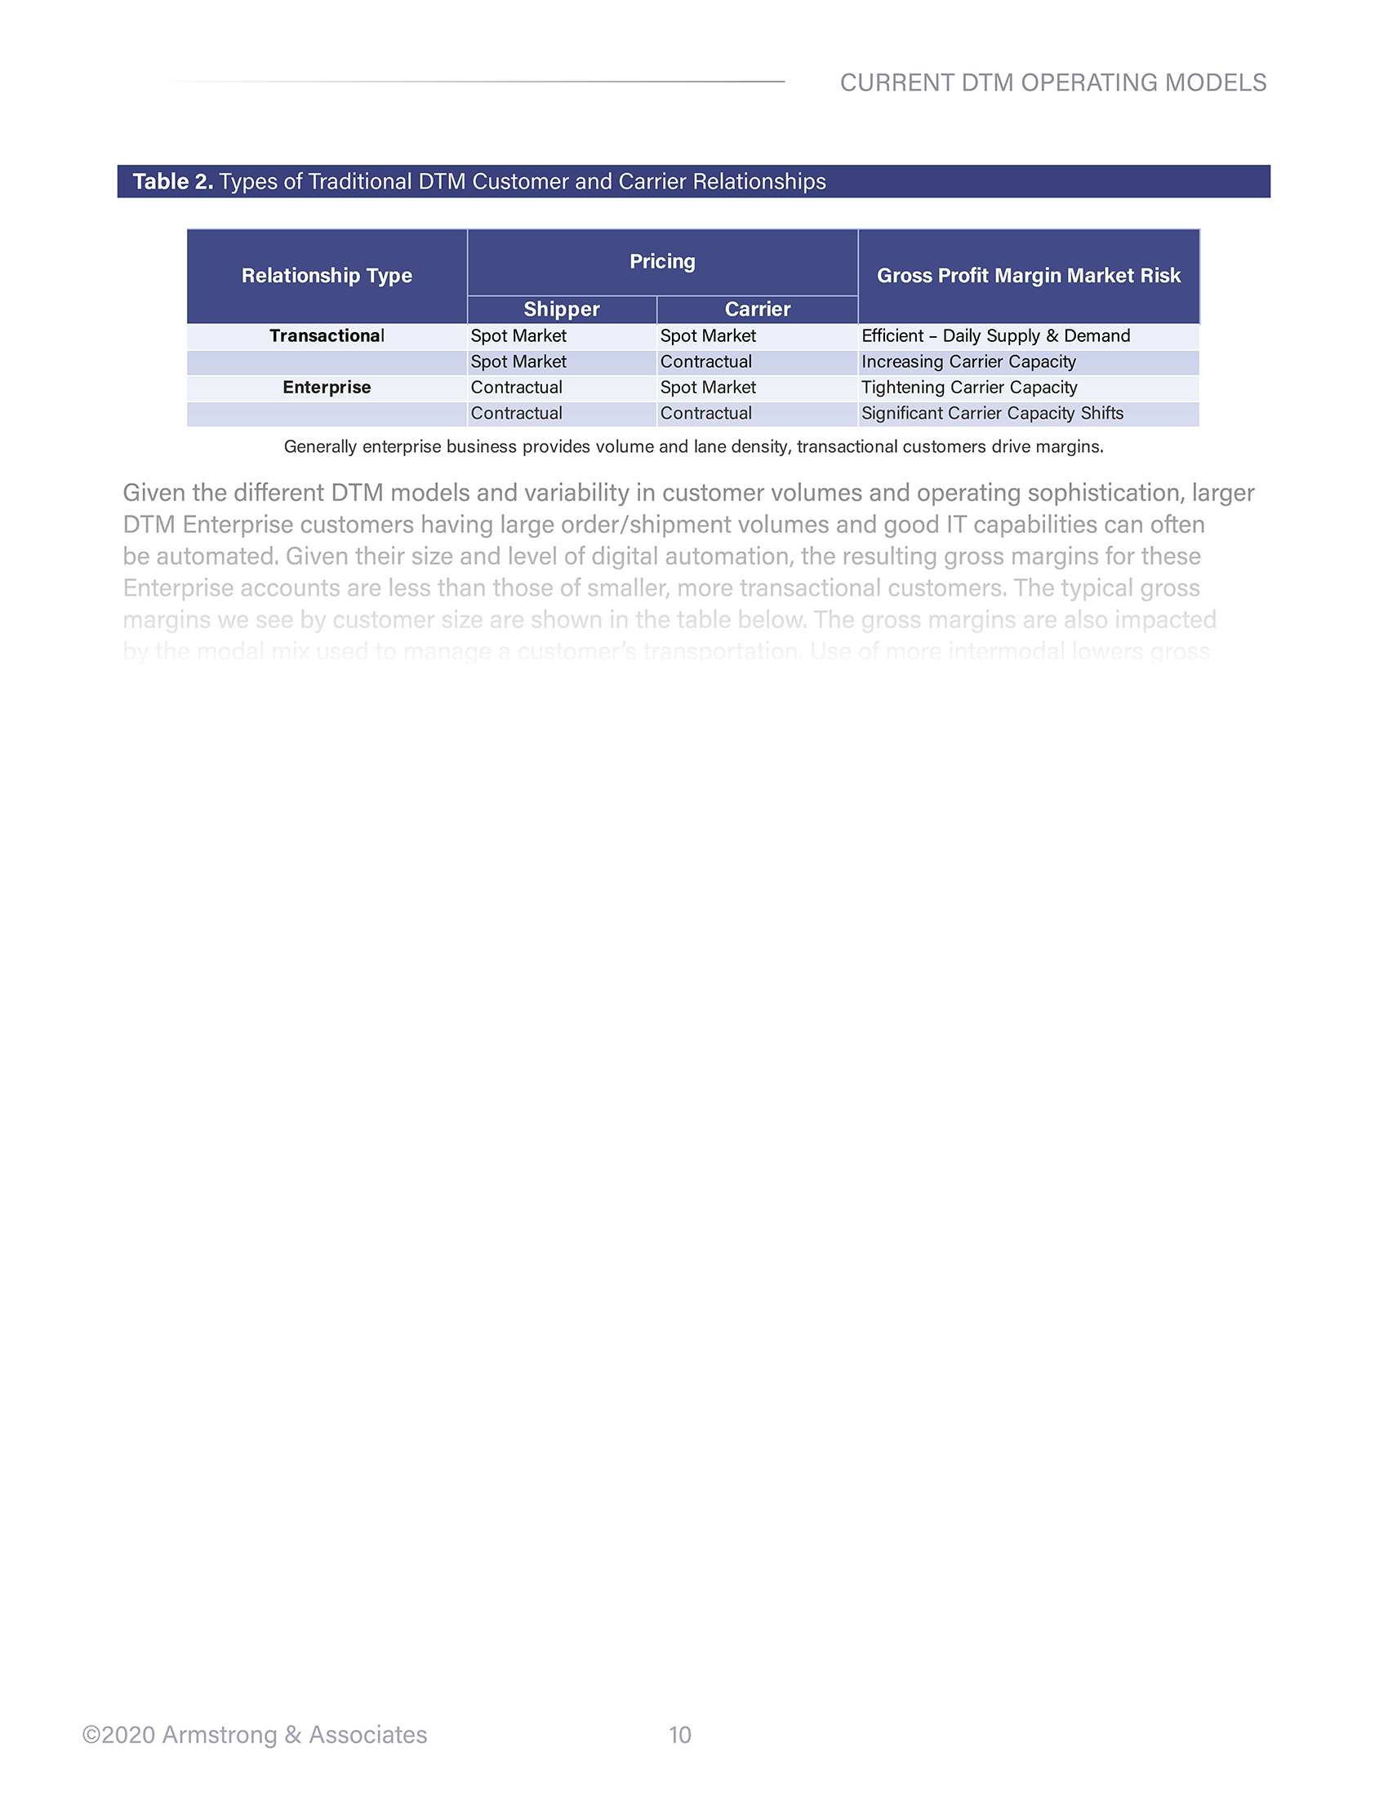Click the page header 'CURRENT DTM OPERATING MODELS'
tap(1052, 83)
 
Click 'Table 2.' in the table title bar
tap(172, 182)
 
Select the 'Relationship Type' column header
tap(327, 276)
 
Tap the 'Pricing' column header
tap(662, 262)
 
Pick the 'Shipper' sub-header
tap(562, 310)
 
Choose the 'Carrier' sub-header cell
tap(757, 310)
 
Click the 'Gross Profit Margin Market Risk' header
tap(1028, 276)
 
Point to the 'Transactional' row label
tap(327, 336)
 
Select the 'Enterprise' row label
tap(327, 388)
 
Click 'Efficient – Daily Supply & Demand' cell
tap(995, 336)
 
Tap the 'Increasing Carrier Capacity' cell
tap(968, 362)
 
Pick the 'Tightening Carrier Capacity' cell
tap(968, 388)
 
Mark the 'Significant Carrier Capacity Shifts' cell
tap(992, 414)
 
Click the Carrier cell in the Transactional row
tap(707, 336)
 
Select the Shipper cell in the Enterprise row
tap(516, 388)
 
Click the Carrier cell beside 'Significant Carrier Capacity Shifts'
tap(705, 414)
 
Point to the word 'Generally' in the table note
tap(320, 447)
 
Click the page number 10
tap(679, 1735)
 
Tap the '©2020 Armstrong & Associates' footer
tap(255, 1735)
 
